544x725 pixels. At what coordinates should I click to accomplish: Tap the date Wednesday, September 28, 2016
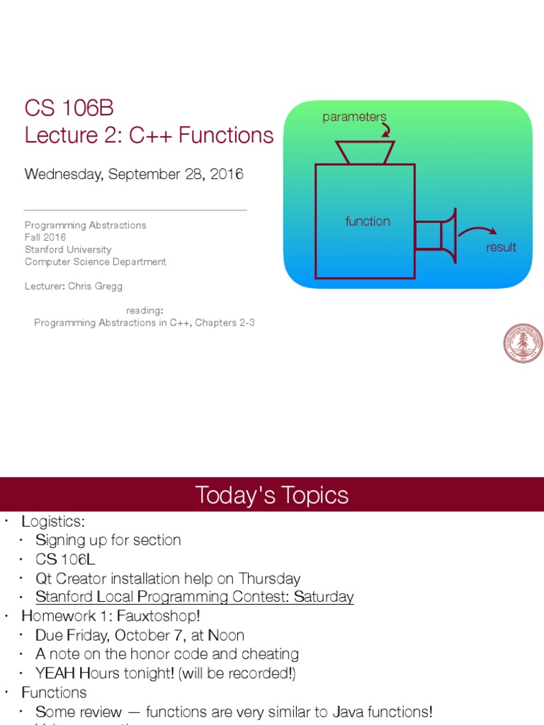pos(134,174)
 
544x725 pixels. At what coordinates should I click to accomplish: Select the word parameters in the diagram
pos(354,117)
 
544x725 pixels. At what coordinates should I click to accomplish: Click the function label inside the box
pos(368,222)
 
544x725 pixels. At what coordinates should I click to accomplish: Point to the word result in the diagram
pos(501,247)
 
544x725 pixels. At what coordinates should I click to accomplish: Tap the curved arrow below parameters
pos(385,130)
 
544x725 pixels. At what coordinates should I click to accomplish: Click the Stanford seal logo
pos(523,344)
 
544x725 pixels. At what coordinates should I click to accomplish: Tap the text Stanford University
pos(68,249)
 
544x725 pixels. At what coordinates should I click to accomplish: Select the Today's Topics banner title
pos(272,496)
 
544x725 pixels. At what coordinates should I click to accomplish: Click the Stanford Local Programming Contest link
pos(195,597)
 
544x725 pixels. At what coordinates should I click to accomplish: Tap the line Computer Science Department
pos(96,262)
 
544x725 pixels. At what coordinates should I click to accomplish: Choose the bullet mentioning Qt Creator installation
pos(168,578)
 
